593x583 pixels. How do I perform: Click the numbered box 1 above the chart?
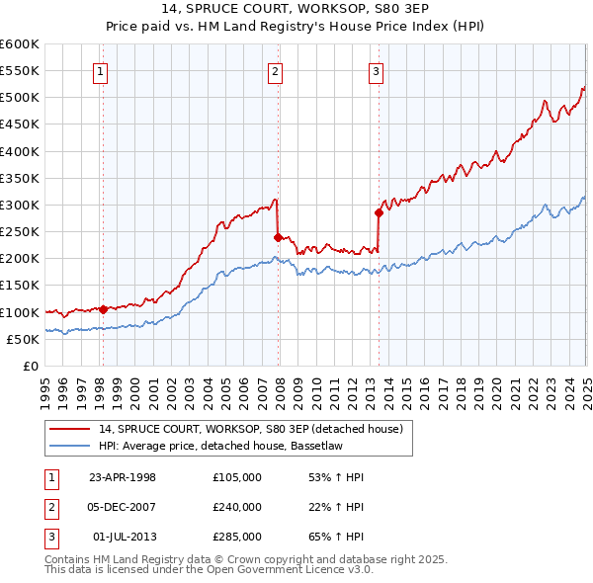point(103,70)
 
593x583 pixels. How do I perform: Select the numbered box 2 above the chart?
point(275,70)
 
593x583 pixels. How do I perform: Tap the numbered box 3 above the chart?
point(377,70)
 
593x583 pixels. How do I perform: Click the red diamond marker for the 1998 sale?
point(103,309)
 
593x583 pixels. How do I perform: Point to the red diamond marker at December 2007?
point(278,237)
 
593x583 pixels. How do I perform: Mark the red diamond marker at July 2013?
point(379,212)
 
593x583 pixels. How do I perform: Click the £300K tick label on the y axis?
point(20,205)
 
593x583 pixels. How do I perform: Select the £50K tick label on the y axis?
point(24,339)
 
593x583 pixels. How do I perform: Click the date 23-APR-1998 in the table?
point(122,477)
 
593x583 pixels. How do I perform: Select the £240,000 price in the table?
point(236,507)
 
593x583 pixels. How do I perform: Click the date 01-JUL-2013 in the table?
point(122,537)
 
